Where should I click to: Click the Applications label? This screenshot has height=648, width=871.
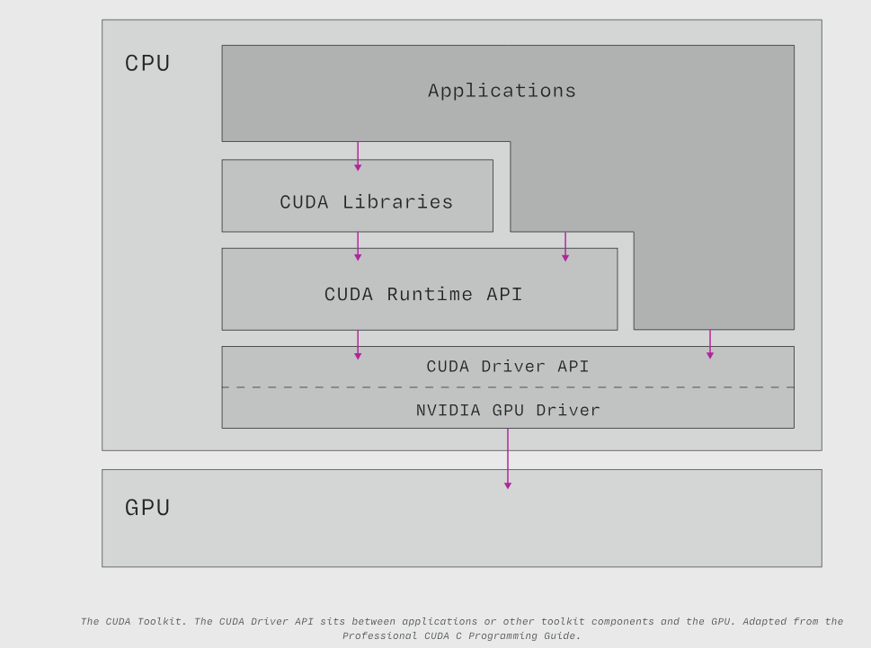(x=502, y=91)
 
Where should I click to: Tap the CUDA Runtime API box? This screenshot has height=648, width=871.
(x=420, y=289)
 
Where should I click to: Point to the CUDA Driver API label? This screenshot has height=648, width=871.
(x=508, y=367)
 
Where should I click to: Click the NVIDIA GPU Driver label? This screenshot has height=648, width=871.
(x=508, y=411)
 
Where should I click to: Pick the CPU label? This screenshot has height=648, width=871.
(x=147, y=64)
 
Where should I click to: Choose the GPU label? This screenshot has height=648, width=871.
(x=147, y=508)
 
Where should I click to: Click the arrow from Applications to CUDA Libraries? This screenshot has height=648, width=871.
(x=358, y=155)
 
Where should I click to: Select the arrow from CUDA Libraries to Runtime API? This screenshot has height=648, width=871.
(x=358, y=245)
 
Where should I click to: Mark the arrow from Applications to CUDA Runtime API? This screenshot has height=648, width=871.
(x=565, y=246)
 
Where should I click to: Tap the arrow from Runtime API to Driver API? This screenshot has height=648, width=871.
(x=358, y=344)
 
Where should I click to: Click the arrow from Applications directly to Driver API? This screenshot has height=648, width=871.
(x=710, y=344)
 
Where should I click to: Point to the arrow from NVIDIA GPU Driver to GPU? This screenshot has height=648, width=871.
(x=508, y=458)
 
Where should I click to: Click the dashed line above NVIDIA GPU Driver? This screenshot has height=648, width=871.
(x=629, y=387)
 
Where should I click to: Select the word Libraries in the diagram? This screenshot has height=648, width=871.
(x=397, y=202)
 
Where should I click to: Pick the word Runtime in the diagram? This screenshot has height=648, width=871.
(x=417, y=295)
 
